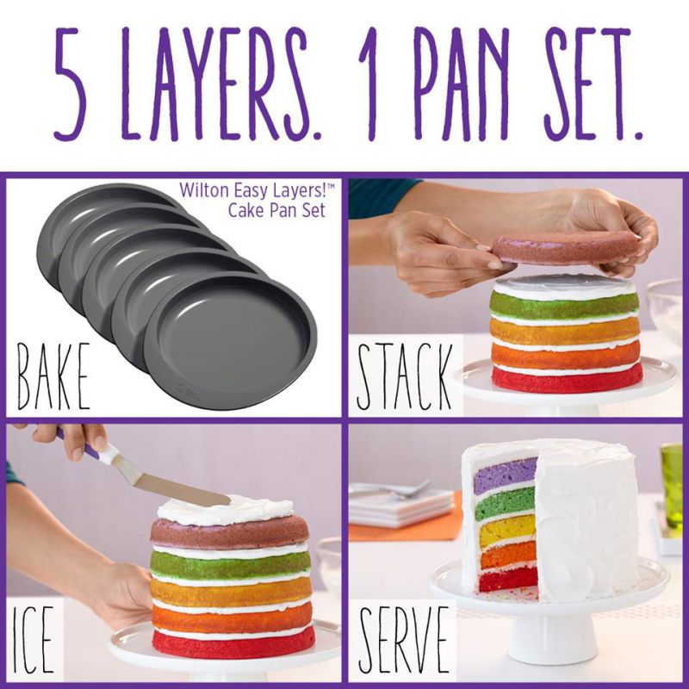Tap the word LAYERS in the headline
[214, 84]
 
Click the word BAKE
[53, 376]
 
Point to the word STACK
[404, 376]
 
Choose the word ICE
[34, 639]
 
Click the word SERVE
[403, 639]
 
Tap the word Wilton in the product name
[204, 190]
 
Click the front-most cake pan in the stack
[230, 341]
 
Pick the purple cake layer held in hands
[566, 248]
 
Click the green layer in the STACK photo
[564, 305]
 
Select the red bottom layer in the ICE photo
[233, 642]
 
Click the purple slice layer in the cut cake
[506, 476]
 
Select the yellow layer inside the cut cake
[508, 531]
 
